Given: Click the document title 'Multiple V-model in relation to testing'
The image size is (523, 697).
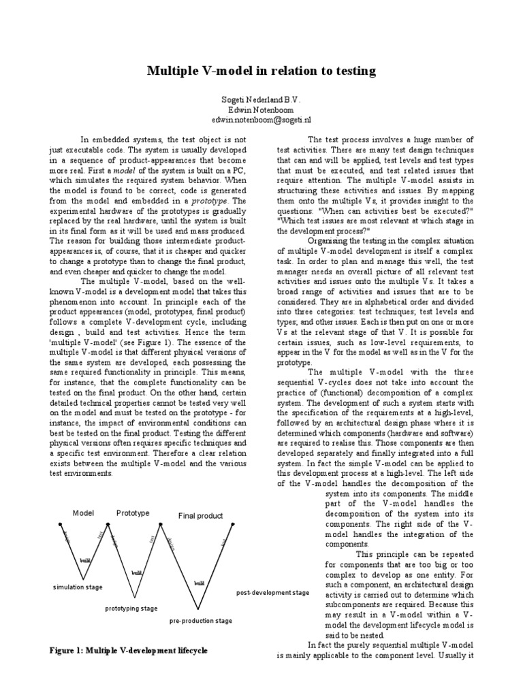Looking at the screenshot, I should pyautogui.click(x=261, y=71).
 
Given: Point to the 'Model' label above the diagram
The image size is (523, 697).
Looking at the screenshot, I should pyautogui.click(x=83, y=513).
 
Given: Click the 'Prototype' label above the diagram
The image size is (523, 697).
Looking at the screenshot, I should pyautogui.click(x=133, y=513).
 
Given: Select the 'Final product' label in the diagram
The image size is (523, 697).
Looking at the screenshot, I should pyautogui.click(x=200, y=516).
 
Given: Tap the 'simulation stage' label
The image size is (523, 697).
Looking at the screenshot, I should pyautogui.click(x=78, y=586).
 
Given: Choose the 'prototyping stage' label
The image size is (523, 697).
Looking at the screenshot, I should pyautogui.click(x=131, y=608).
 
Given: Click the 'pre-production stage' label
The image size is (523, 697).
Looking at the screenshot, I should pyautogui.click(x=200, y=621).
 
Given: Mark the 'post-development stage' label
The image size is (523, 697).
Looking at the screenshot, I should pyautogui.click(x=272, y=593).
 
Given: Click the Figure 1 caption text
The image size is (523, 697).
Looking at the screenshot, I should pyautogui.click(x=128, y=651).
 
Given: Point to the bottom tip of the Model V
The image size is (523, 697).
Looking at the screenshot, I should pyautogui.click(x=81, y=576).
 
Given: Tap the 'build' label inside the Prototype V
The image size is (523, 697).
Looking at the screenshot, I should pyautogui.click(x=137, y=574).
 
